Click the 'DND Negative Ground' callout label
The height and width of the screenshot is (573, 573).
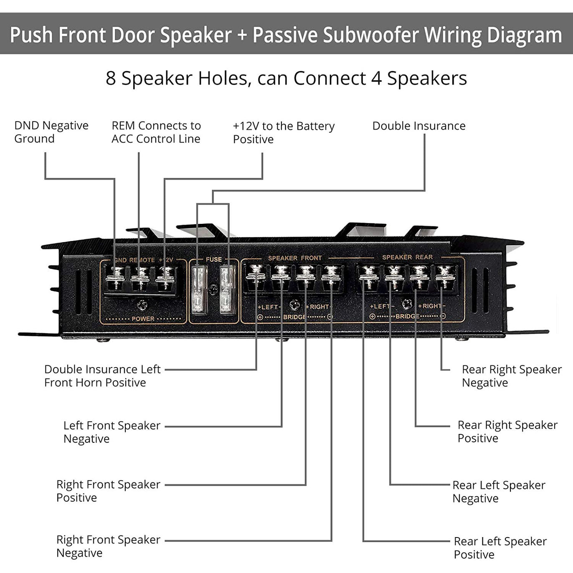point(51,132)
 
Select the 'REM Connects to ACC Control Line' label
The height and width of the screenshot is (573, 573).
point(156,132)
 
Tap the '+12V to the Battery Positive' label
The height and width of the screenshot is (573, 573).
point(283,132)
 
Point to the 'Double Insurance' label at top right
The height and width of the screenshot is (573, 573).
point(418,126)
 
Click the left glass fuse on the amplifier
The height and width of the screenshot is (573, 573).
point(199,290)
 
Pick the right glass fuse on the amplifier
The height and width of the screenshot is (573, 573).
point(227,290)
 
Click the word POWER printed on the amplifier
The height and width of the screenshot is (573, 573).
point(143,319)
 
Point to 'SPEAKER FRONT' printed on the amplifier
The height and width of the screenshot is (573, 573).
point(295,258)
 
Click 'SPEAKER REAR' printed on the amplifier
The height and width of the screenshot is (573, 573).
point(407,257)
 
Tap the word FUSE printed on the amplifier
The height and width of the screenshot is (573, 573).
point(213,259)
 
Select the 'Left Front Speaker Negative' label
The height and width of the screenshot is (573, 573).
point(112,432)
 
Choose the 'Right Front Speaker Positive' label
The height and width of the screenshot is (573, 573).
point(108,491)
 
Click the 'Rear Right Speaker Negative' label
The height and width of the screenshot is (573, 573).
point(511,376)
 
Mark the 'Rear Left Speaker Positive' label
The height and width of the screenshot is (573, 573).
point(500,548)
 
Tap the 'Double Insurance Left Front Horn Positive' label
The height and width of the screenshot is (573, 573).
point(102,376)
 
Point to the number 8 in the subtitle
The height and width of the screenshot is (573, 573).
point(111,78)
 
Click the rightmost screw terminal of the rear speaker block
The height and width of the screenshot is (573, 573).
point(445,277)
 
